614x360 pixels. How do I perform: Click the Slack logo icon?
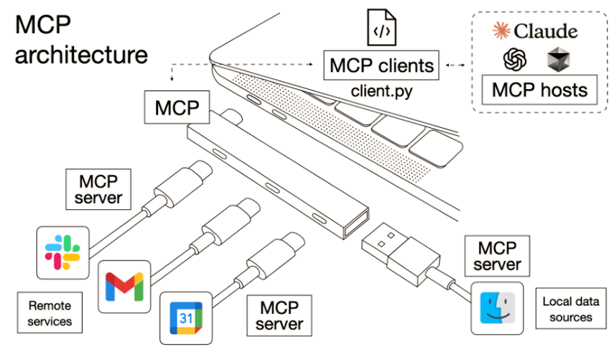(x=62, y=252)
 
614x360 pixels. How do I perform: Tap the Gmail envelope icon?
(x=124, y=287)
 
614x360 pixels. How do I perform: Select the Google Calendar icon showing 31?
(x=186, y=318)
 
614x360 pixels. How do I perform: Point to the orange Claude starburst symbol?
(x=501, y=31)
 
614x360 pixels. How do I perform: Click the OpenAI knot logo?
(x=514, y=59)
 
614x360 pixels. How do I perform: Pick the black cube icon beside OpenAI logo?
(x=558, y=60)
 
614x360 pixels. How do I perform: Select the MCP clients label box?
(x=381, y=65)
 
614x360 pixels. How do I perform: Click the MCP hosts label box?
(x=539, y=90)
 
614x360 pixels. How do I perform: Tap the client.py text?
(x=381, y=91)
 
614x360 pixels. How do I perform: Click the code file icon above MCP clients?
(x=381, y=27)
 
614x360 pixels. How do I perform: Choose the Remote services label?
(x=50, y=313)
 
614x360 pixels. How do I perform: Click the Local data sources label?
(x=570, y=309)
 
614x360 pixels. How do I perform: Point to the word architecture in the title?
(x=81, y=55)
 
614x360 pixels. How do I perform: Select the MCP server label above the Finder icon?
(x=497, y=256)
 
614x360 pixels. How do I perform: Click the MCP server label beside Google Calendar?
(x=279, y=315)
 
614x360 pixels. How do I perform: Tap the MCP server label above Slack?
(x=98, y=189)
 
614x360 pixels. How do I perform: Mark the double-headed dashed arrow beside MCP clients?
(x=455, y=65)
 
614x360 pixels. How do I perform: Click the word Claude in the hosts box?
(x=546, y=31)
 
